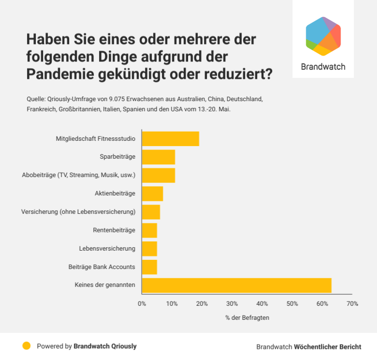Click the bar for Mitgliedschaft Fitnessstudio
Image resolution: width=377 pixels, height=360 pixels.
click(170, 139)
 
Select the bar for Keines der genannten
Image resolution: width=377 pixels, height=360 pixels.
click(236, 285)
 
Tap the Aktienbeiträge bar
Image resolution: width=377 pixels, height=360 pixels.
click(152, 194)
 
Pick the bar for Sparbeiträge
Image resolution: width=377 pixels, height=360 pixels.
click(158, 157)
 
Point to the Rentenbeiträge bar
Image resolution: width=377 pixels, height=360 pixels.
click(149, 230)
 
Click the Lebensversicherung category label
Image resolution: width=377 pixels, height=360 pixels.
click(107, 249)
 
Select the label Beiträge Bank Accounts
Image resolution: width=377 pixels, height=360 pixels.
click(102, 267)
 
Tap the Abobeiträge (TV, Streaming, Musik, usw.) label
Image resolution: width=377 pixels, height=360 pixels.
click(79, 175)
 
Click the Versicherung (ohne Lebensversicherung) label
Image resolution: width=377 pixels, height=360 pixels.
click(78, 212)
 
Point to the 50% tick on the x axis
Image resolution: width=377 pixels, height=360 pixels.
click(292, 304)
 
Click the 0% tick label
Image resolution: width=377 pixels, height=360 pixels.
click(142, 304)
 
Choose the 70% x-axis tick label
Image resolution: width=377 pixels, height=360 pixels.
click(352, 304)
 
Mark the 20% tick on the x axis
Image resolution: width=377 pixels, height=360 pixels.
click(202, 304)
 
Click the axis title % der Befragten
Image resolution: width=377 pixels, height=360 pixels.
click(247, 318)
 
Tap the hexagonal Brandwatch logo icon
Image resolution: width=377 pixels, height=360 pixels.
click(323, 36)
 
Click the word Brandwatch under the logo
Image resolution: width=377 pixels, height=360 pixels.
click(323, 67)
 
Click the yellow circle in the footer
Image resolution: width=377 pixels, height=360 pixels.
click(27, 346)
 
